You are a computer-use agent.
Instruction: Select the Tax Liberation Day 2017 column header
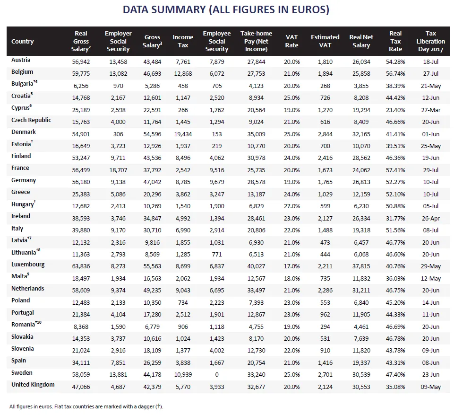tap(430, 41)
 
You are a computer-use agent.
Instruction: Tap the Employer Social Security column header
tap(118, 41)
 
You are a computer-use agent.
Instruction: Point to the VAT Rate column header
tap(291, 41)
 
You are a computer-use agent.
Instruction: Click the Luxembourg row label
tap(28, 265)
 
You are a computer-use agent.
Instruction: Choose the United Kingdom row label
tap(33, 385)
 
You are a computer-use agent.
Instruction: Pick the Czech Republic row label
tap(31, 120)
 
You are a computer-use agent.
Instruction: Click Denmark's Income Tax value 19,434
tap(183, 134)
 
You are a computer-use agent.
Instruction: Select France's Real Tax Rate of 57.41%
tap(395, 170)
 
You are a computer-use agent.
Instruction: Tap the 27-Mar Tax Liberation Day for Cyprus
tap(430, 110)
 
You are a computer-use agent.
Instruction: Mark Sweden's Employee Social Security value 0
tap(217, 374)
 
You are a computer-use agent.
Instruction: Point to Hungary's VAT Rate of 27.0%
tap(291, 206)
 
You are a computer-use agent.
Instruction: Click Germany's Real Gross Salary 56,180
tap(81, 182)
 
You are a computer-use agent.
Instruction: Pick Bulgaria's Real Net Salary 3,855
tap(361, 86)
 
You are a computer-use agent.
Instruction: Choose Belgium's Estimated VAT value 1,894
tap(325, 74)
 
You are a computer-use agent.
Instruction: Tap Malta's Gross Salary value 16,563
tap(152, 278)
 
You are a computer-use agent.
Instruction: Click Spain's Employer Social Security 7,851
tap(118, 362)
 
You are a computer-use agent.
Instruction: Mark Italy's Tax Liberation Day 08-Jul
tap(430, 230)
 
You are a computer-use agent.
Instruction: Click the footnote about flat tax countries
tap(86, 406)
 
